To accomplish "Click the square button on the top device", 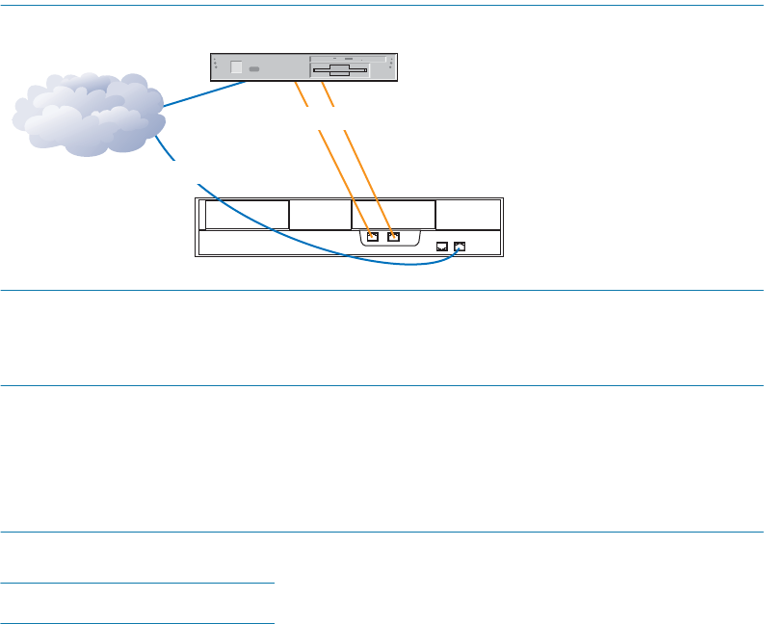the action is (x=238, y=68).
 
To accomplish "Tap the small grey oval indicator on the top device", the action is (x=254, y=70).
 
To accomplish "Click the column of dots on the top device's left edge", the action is (x=214, y=65).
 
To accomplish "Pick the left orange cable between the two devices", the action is (x=328, y=144).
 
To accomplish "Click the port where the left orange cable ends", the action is (x=373, y=236).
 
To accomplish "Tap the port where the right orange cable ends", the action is (x=392, y=236).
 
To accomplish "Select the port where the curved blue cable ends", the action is (x=460, y=247).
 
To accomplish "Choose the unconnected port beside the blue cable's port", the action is (x=441, y=247).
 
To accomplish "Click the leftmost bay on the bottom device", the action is (x=247, y=215).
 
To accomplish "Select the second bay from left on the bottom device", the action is (x=320, y=215).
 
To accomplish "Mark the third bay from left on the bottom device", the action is (x=393, y=215).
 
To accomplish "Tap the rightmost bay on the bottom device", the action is (x=468, y=215).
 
